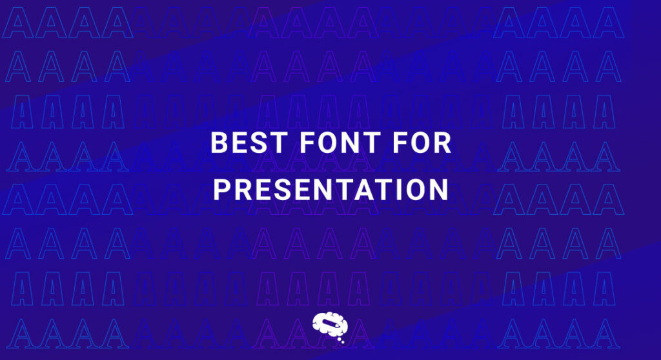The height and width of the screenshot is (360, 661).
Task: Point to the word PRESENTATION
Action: [x=330, y=190]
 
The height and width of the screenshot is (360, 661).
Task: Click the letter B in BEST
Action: [x=219, y=144]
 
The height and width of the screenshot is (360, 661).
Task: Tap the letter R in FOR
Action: [x=442, y=144]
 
